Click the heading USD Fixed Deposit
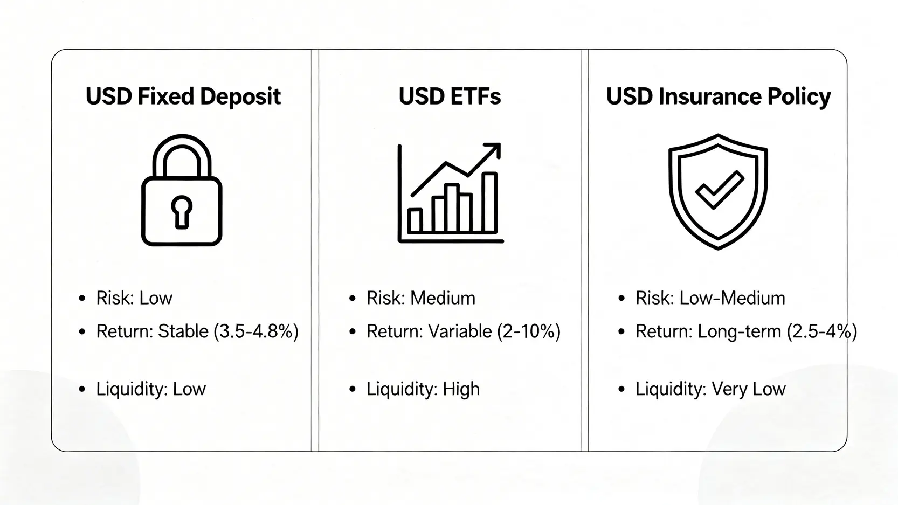pos(183,96)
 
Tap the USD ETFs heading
pos(450,96)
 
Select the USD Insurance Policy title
pos(719,97)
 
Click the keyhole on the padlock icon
pos(182,212)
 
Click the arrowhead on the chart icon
pos(493,150)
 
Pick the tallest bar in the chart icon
pos(489,203)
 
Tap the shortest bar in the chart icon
pos(415,221)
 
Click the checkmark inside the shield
pos(720,190)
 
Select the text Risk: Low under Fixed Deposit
pos(134,298)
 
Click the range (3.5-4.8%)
pos(256,331)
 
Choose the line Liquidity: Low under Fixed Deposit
pos(151,389)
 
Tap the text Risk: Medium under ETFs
pos(421,298)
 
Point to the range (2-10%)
pos(529,331)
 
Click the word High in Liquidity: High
pos(461,389)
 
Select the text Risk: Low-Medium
pos(710,298)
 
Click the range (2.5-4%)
pos(822,331)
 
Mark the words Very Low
pos(749,389)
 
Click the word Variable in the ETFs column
pos(460,331)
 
